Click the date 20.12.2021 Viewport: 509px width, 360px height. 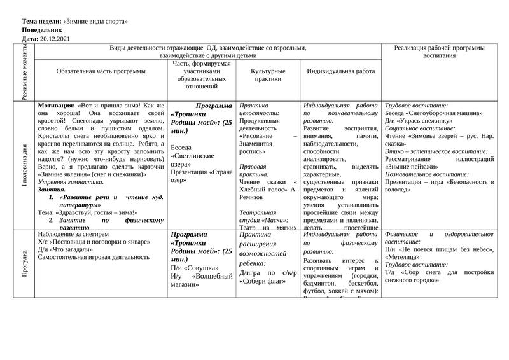tap(55, 39)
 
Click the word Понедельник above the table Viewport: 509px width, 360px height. tap(42, 30)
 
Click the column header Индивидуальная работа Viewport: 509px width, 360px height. tap(340, 71)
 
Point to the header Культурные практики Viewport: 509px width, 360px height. tap(268, 75)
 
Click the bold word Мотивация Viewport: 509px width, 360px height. tap(56, 105)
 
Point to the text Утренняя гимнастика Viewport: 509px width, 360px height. tap(71, 182)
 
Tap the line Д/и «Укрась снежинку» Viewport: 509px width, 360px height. tap(418, 120)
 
